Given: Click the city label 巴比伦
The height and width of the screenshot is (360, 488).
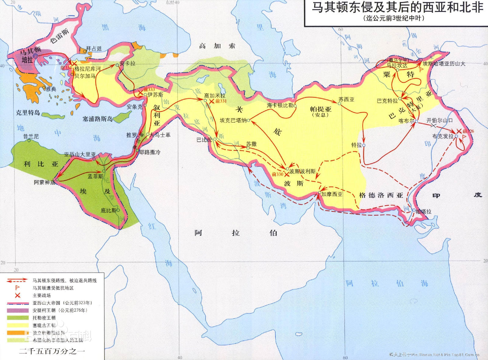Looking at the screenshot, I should [x=204, y=140].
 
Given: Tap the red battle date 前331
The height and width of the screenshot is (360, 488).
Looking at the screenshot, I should [x=221, y=101].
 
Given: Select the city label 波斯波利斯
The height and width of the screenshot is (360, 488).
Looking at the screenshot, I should [x=302, y=171].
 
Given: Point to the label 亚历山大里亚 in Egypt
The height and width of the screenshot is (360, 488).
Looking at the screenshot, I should [x=80, y=155].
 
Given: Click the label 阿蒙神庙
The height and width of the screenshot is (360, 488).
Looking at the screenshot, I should [x=45, y=182].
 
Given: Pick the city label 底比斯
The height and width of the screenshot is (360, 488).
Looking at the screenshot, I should [x=108, y=210].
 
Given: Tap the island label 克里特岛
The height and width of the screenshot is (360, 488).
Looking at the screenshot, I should [x=28, y=112].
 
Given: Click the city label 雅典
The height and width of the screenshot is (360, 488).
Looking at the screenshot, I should [x=51, y=89].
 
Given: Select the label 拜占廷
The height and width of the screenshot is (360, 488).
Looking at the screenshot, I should [x=94, y=48].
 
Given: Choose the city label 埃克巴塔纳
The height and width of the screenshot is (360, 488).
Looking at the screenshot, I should [x=233, y=120].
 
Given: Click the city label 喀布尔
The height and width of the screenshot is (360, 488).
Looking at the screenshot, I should [x=406, y=121].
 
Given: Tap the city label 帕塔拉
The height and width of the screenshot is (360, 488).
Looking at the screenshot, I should [x=424, y=212].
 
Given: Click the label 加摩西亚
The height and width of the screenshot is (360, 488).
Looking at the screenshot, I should [x=332, y=194].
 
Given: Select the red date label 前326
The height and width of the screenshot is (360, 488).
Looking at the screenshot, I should [x=468, y=131].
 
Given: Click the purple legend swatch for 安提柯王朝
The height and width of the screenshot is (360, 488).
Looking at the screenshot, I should [x=18, y=310].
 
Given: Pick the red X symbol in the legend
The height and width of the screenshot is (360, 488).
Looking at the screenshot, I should [x=18, y=295].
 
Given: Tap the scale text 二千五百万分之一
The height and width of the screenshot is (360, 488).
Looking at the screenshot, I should [x=52, y=351].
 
